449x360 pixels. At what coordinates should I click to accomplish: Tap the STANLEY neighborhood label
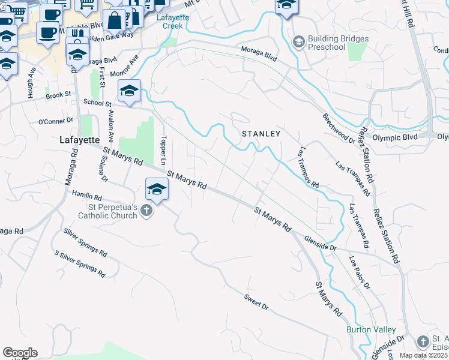coord(261,134)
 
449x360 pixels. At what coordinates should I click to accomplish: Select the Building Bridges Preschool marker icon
coord(298,41)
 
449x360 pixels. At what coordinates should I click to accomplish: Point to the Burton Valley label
coord(370,329)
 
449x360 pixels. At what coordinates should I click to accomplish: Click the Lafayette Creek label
coord(173,22)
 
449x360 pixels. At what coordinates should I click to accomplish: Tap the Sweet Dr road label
coord(256,302)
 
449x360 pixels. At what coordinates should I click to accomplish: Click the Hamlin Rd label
coord(87,195)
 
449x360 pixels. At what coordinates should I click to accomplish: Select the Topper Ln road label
coord(163,149)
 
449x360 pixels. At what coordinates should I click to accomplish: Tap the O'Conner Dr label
coord(55,122)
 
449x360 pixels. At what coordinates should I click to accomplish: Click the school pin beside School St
coord(129,92)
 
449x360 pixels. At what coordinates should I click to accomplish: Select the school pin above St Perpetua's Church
coord(157,189)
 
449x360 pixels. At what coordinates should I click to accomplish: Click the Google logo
coord(20,353)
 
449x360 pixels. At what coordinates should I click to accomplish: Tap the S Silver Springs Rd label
coord(80,265)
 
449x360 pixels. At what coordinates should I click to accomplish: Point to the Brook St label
coord(58,95)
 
